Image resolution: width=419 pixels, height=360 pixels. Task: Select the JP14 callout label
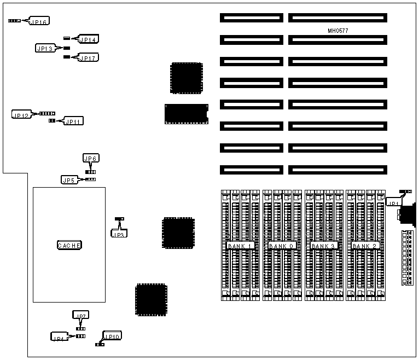[x=88, y=40]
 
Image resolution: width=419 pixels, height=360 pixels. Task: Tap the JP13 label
[x=44, y=49]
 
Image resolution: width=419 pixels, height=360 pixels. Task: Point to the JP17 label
[x=89, y=57]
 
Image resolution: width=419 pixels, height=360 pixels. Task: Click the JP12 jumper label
[x=21, y=115]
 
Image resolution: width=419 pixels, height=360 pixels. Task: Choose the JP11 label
[x=74, y=121]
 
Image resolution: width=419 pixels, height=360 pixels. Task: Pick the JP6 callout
[x=91, y=158]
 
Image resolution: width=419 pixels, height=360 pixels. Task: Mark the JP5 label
[x=69, y=179]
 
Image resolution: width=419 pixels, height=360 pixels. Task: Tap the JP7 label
[x=80, y=316]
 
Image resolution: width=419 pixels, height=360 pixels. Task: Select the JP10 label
[x=114, y=336]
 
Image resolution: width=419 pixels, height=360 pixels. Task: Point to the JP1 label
[x=394, y=203]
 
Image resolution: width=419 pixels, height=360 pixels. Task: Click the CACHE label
[x=69, y=246]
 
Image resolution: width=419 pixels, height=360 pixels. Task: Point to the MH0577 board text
[x=337, y=31]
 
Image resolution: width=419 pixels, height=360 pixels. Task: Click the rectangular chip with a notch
[x=186, y=113]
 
